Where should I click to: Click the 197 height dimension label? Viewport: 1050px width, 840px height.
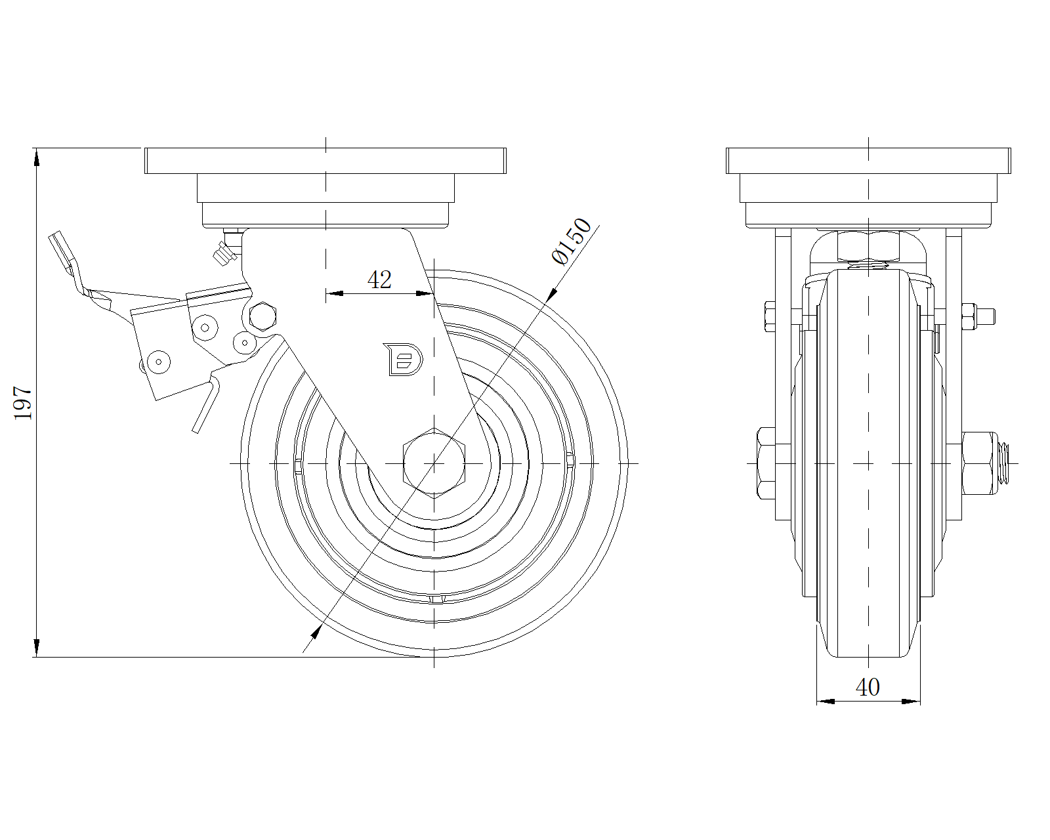pos(23,402)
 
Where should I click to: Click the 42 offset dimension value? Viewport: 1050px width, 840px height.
pos(379,280)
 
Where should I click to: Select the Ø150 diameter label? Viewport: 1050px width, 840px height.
pos(572,241)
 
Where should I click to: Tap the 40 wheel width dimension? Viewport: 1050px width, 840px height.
pos(868,687)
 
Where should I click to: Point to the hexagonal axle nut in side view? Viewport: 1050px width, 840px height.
pos(434,463)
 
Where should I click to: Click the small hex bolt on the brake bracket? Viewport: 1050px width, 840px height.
pos(263,316)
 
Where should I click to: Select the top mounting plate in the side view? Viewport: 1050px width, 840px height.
pos(325,161)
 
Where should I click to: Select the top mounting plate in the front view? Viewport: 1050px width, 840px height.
pos(868,161)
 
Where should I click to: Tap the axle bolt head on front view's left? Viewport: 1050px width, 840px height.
pos(766,463)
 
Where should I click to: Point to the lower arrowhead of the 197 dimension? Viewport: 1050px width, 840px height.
pos(37,649)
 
